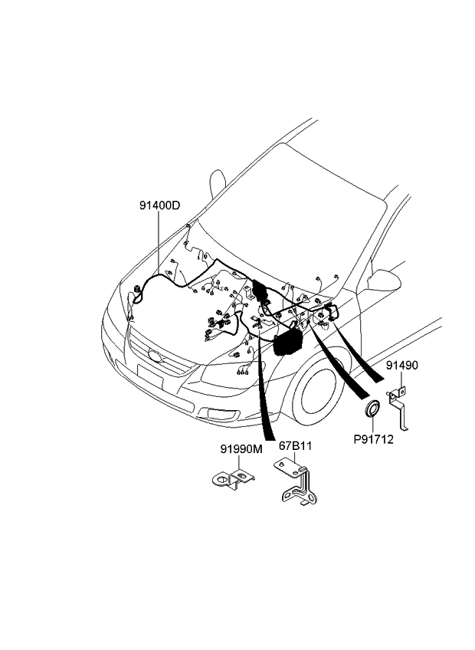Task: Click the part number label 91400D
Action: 159,205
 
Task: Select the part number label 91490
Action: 401,366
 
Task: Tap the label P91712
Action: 373,439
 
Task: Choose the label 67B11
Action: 295,446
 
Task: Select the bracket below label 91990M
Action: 231,480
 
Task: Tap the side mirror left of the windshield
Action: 218,182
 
